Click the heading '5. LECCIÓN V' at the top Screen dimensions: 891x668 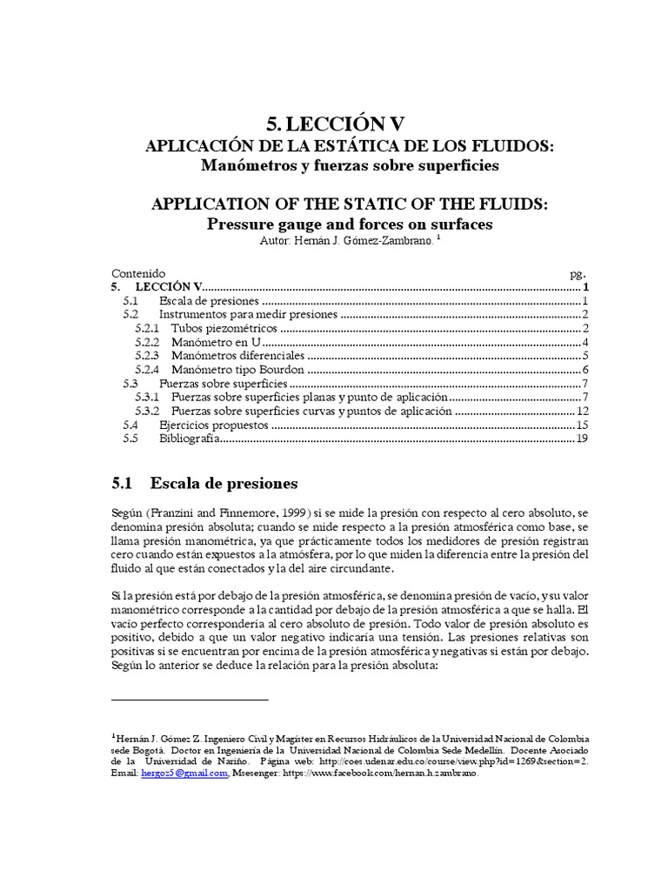pyautogui.click(x=334, y=122)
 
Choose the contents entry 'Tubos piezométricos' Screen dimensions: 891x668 pyautogui.click(x=225, y=328)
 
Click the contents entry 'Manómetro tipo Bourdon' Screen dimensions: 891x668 pyautogui.click(x=234, y=369)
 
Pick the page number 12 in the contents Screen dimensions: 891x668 pyautogui.click(x=584, y=411)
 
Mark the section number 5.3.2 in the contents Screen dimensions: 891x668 pyautogui.click(x=150, y=411)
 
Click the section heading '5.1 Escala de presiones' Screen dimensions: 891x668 pyautogui.click(x=205, y=483)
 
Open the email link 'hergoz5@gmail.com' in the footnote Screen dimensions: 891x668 pyautogui.click(x=184, y=775)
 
